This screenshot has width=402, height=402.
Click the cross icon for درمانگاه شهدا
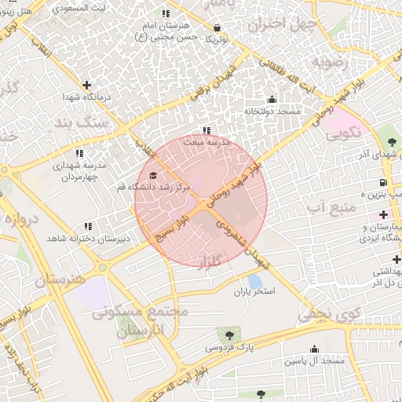click(x=86, y=84)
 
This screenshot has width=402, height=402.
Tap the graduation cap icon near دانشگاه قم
click(x=153, y=175)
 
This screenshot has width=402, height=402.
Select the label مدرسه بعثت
click(x=206, y=143)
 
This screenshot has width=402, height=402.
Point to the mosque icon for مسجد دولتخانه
click(x=272, y=99)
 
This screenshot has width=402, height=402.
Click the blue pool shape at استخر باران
click(x=254, y=280)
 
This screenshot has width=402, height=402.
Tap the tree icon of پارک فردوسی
click(x=229, y=335)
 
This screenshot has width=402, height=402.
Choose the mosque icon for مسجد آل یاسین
click(x=315, y=349)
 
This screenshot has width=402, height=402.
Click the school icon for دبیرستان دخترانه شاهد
click(x=87, y=226)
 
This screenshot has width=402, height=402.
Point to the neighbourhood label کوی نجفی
click(x=329, y=316)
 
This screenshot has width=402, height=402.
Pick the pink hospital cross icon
click(x=383, y=214)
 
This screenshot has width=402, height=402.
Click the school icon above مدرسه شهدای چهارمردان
click(x=79, y=154)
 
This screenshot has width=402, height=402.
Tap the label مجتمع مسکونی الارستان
click(x=140, y=321)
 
